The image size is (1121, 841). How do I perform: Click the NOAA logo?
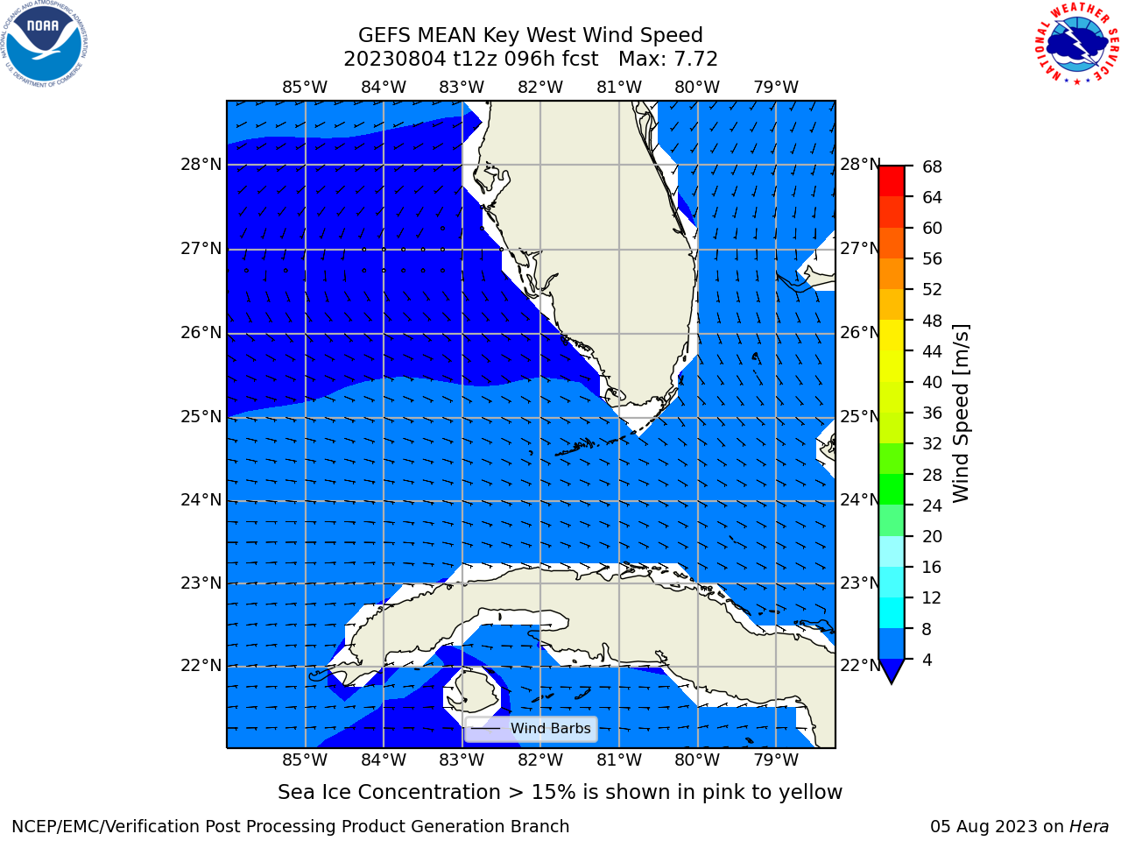point(45,44)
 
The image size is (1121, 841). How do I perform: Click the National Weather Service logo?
point(1076,44)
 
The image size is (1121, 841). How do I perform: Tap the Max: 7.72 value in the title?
point(668,60)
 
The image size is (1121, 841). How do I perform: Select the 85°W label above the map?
point(305,88)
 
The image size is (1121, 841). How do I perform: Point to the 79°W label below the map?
point(776,760)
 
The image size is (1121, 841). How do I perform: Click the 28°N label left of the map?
point(201,165)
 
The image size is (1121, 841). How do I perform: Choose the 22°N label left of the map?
point(201,666)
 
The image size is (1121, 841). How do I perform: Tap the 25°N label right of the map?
point(860,417)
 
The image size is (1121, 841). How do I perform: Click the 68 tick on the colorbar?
point(932,167)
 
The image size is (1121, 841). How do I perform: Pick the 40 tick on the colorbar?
point(932,383)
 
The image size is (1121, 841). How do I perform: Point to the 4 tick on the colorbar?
point(927,661)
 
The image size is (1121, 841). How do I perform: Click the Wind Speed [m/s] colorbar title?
point(960,413)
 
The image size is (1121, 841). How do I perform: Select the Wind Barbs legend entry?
point(531,729)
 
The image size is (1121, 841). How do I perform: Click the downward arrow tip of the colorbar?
point(892,683)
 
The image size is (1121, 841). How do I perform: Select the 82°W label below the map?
point(540,760)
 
